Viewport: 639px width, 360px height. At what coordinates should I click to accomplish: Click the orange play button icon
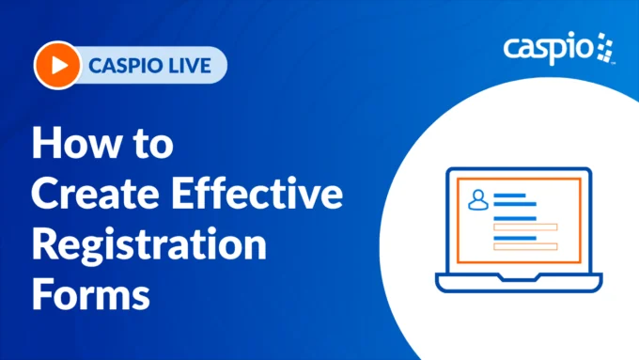[55, 66]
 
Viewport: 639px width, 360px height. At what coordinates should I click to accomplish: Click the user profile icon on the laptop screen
[478, 198]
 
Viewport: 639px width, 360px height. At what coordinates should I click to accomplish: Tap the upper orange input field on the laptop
[525, 226]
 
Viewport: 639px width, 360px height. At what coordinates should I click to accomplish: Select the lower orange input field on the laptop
[525, 246]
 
